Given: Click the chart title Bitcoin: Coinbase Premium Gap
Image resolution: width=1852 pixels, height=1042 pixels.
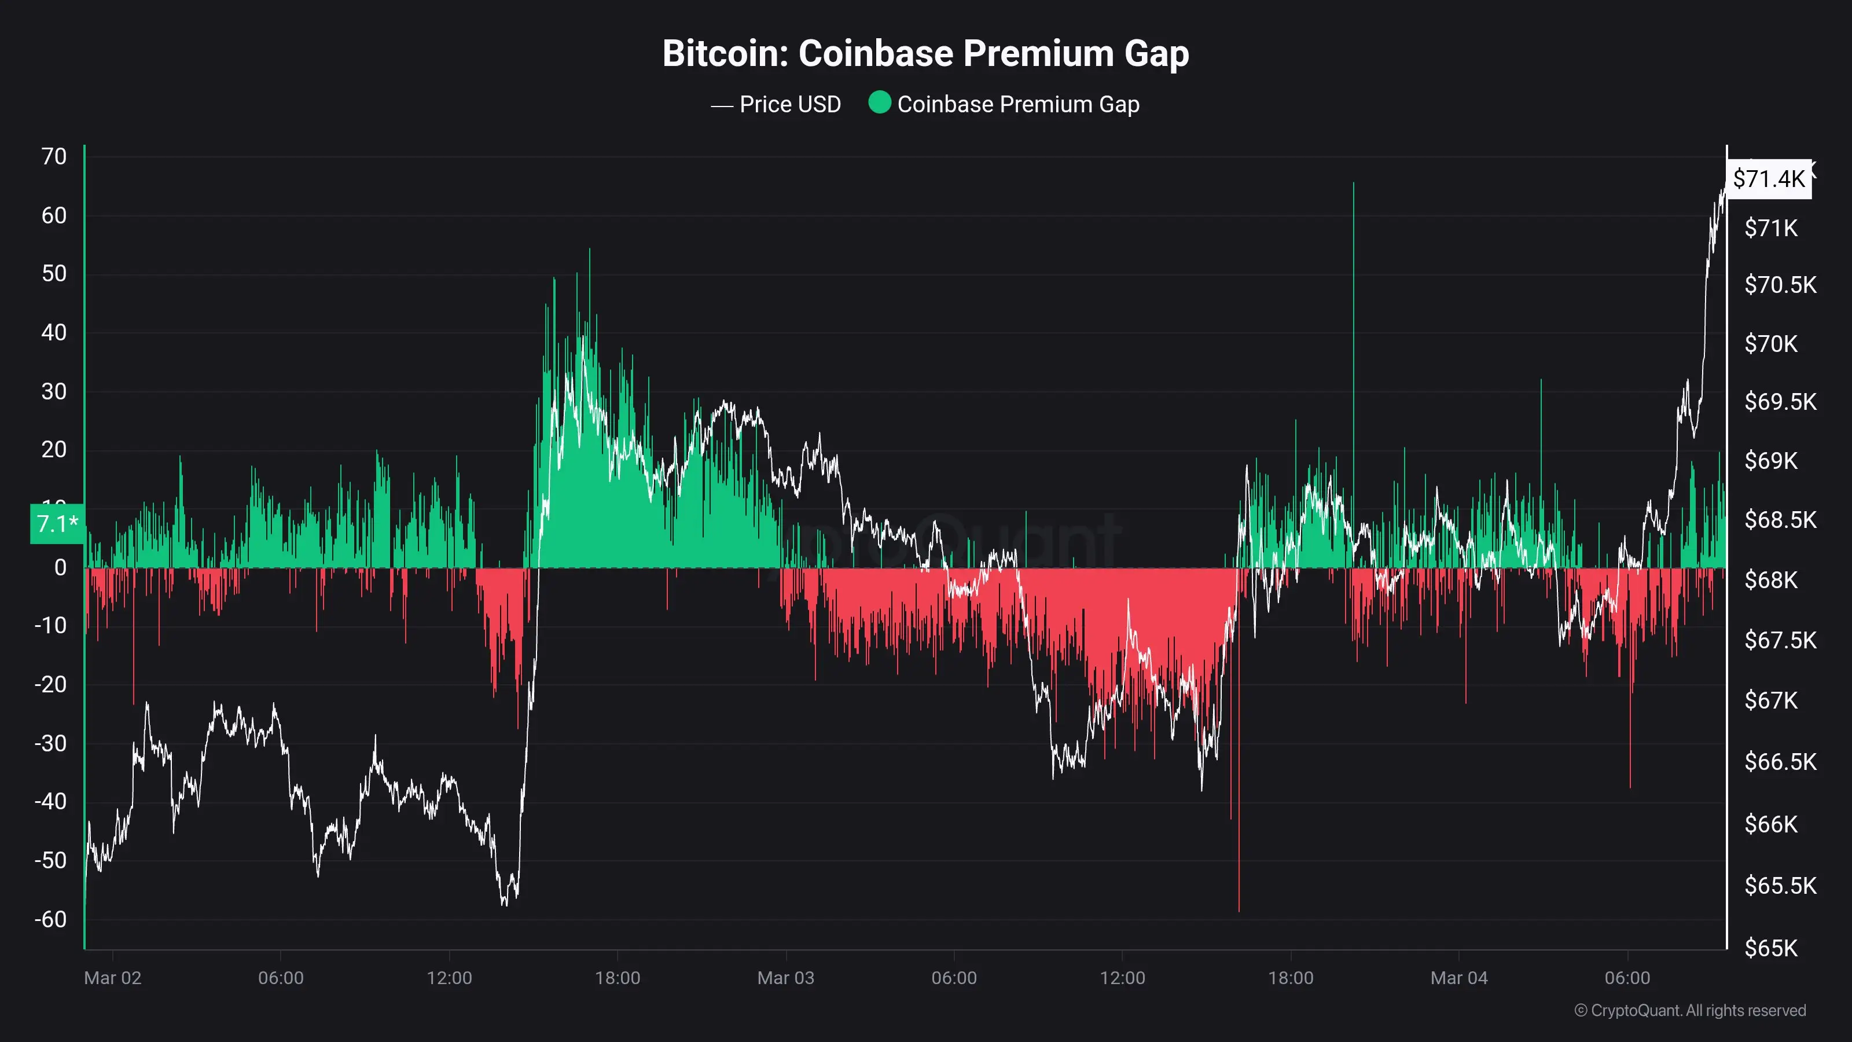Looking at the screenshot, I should point(925,53).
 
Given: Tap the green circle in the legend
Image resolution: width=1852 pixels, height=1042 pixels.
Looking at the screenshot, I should point(879,103).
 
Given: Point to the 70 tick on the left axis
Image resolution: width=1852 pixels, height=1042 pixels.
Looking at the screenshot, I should point(54,156).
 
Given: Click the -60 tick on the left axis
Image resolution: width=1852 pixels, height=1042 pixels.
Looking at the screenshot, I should point(50,919).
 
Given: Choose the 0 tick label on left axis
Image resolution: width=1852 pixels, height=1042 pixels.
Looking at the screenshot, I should point(60,567).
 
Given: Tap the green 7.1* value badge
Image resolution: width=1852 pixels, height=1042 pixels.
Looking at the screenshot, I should point(57,523).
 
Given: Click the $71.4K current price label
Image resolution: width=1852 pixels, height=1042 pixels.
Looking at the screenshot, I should point(1769,178).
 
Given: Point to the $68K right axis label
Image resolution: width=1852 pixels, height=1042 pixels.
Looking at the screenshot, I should point(1771,579).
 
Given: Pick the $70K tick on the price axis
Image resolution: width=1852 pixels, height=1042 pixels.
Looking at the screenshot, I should point(1771,344).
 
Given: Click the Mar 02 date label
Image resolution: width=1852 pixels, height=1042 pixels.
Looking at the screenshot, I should point(113,978).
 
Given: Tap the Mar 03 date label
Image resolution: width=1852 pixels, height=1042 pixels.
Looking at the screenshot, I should point(786,978).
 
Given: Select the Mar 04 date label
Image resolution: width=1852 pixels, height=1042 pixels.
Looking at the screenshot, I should point(1458,978).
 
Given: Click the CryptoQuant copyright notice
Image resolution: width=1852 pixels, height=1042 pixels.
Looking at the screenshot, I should point(1689,1010).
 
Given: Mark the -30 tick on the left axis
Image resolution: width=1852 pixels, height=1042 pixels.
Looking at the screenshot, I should point(50,743).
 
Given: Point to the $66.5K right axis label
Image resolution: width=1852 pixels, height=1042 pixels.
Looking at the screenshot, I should point(1780,762).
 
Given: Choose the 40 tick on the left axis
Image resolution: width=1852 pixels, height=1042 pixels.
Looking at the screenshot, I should point(54,332).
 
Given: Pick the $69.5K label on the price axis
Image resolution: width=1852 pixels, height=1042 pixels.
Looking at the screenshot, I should point(1780,401).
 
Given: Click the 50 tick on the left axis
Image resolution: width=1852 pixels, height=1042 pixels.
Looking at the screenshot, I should point(54,273).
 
